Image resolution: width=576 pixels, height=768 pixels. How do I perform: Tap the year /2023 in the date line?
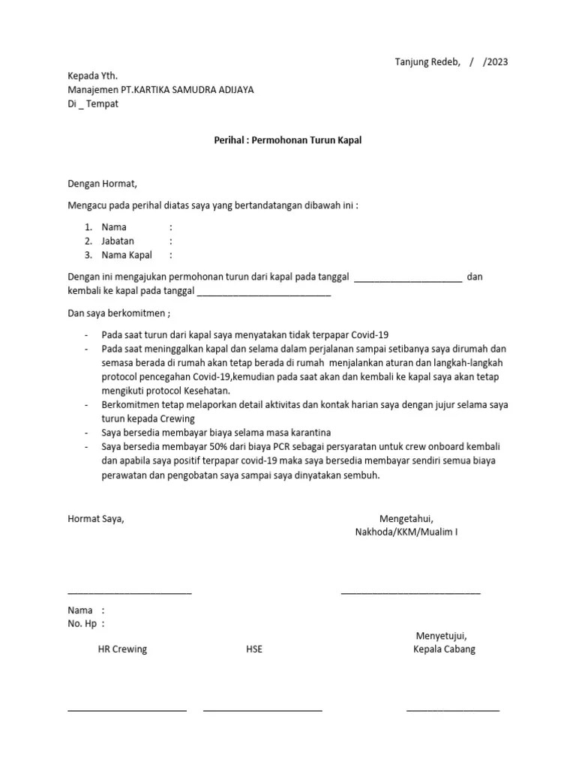coord(496,61)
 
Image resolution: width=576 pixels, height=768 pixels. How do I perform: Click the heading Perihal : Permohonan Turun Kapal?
coord(288,140)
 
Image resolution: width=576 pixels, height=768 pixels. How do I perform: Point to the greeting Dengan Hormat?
coord(103,181)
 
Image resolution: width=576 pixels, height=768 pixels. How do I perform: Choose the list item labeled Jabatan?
coord(118,241)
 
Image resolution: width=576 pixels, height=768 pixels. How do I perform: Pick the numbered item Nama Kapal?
coord(127,255)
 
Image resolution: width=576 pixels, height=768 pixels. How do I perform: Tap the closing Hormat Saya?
coord(96,518)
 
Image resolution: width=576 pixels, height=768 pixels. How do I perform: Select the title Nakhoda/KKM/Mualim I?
coord(406,532)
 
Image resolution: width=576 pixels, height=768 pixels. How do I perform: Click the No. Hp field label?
coord(82,623)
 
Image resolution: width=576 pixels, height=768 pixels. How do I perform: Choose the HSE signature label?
coord(254,649)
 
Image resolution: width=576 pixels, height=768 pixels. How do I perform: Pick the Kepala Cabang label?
coord(444,649)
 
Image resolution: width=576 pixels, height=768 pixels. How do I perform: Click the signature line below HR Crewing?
coord(127,709)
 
